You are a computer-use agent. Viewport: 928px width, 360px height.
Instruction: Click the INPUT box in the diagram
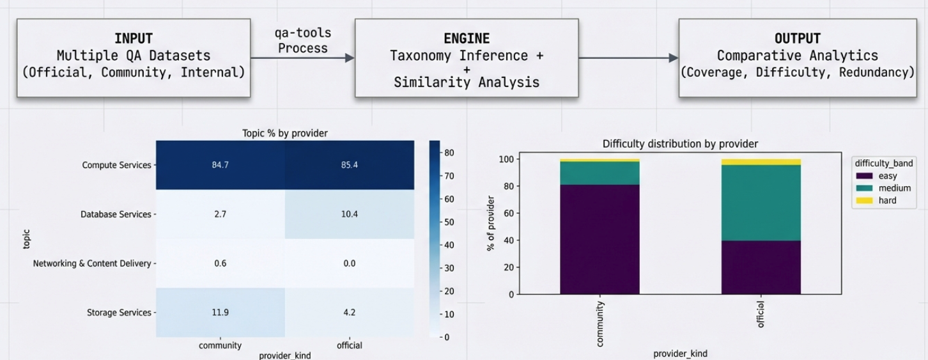[134, 58]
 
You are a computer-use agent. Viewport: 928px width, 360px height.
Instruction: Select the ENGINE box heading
[466, 39]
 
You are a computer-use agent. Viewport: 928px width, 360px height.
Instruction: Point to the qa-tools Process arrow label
[303, 41]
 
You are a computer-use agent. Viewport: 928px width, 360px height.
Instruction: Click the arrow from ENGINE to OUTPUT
[628, 58]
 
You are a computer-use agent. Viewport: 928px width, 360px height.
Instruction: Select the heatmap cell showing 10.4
[349, 214]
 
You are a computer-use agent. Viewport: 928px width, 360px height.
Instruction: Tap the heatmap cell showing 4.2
[349, 313]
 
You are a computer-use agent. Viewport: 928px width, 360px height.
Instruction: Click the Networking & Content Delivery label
[92, 263]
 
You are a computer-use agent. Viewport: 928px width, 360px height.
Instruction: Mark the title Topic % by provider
[284, 134]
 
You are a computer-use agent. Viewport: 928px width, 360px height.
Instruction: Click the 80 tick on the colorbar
[449, 153]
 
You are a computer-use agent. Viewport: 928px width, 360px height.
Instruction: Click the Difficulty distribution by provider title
[680, 144]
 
